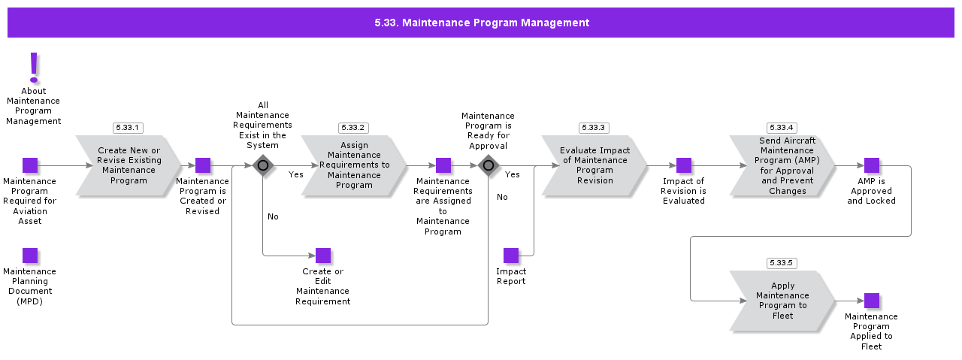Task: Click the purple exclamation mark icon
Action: (34, 68)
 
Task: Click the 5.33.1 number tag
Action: (128, 128)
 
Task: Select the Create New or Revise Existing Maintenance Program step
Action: (129, 165)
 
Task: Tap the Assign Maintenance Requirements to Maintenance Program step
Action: (354, 165)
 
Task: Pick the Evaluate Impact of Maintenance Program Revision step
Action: (594, 165)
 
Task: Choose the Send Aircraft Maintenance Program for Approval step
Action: (782, 165)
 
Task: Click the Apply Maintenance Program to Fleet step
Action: (782, 301)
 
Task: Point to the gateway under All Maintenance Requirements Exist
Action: (262, 165)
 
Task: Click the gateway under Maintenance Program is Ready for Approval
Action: (488, 165)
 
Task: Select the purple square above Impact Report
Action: (511, 256)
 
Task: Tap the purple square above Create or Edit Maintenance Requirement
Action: (323, 256)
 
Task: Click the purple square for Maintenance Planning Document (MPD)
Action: (30, 256)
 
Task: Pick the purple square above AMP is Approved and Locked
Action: (872, 165)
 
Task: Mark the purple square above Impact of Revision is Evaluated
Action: (684, 165)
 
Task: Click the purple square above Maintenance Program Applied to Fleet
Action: (872, 301)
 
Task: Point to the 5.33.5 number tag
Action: (782, 263)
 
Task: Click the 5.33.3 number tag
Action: (594, 128)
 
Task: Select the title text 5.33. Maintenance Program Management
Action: (482, 23)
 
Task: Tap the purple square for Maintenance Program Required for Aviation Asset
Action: (30, 165)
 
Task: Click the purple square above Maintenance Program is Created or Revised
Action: (203, 165)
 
